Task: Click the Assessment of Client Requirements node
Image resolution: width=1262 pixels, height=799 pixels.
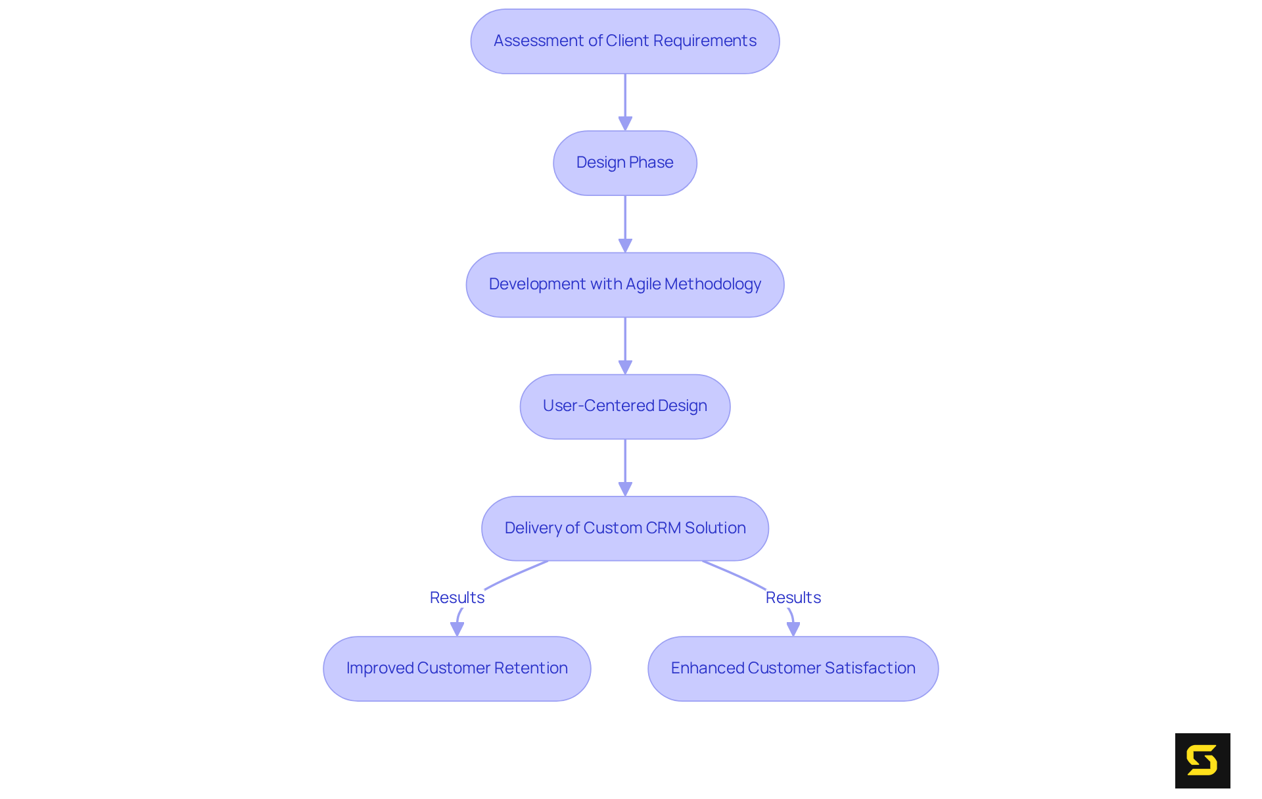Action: tap(624, 41)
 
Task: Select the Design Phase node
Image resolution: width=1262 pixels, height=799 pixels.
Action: tap(624, 163)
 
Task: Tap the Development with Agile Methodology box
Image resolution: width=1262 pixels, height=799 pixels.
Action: tap(624, 285)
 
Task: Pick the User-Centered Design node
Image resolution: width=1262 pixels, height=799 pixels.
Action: tap(624, 406)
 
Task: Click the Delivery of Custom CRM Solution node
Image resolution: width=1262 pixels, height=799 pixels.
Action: tap(624, 528)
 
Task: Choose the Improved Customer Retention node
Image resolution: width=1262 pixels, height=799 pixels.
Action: tap(457, 668)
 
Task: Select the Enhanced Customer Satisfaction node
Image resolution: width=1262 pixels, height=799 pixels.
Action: tap(793, 668)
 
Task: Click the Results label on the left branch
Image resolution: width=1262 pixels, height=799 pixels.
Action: tap(457, 597)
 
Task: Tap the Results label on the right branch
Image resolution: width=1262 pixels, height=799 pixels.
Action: tap(793, 597)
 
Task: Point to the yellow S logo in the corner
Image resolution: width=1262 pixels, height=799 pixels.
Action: tap(1202, 760)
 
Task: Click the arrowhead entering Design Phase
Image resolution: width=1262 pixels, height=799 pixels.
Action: tap(625, 124)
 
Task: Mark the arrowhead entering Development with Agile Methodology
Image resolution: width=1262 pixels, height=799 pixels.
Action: tap(625, 245)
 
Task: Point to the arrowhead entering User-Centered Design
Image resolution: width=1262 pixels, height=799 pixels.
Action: tap(625, 367)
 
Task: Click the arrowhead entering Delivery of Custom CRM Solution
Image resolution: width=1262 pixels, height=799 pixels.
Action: tap(625, 489)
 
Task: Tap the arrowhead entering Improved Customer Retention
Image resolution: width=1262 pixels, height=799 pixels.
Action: tap(457, 629)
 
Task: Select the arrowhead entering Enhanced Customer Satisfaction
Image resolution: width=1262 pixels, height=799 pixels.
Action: tap(793, 629)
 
